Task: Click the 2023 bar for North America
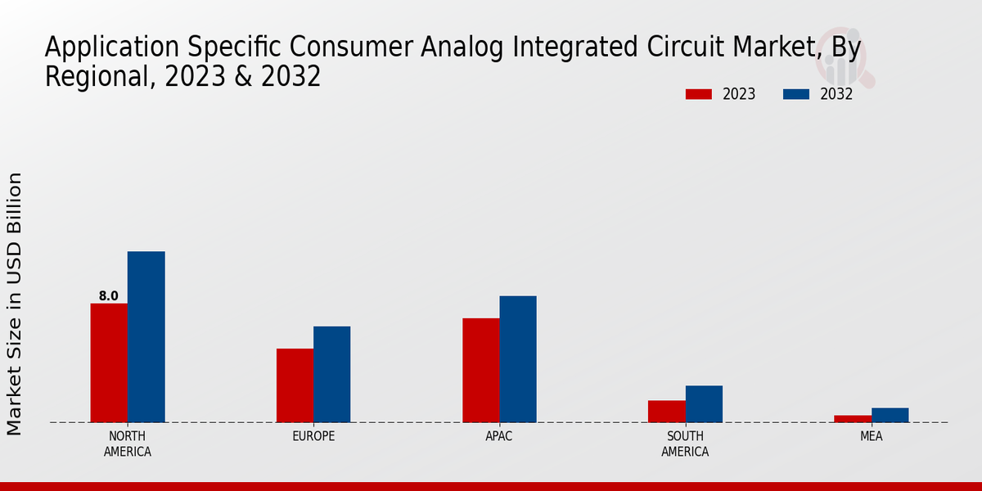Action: (x=109, y=363)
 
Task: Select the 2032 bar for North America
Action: (x=146, y=336)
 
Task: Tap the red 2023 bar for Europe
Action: (x=295, y=385)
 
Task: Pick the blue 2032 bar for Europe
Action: (x=331, y=374)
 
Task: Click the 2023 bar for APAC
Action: (x=480, y=370)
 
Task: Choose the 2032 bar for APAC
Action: (x=518, y=358)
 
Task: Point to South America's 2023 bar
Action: (x=666, y=411)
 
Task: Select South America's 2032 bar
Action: (x=704, y=403)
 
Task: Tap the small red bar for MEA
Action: (x=853, y=418)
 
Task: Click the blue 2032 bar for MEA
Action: (x=890, y=415)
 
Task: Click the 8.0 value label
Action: (x=109, y=296)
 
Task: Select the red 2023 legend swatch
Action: (x=698, y=94)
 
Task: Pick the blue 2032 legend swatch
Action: (x=795, y=94)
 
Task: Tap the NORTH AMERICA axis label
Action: (x=128, y=444)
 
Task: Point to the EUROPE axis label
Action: (x=313, y=436)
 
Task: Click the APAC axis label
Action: (x=499, y=436)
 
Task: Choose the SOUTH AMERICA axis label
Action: (x=685, y=444)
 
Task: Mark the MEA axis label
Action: (x=871, y=436)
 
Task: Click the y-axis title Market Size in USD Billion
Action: (x=15, y=303)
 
